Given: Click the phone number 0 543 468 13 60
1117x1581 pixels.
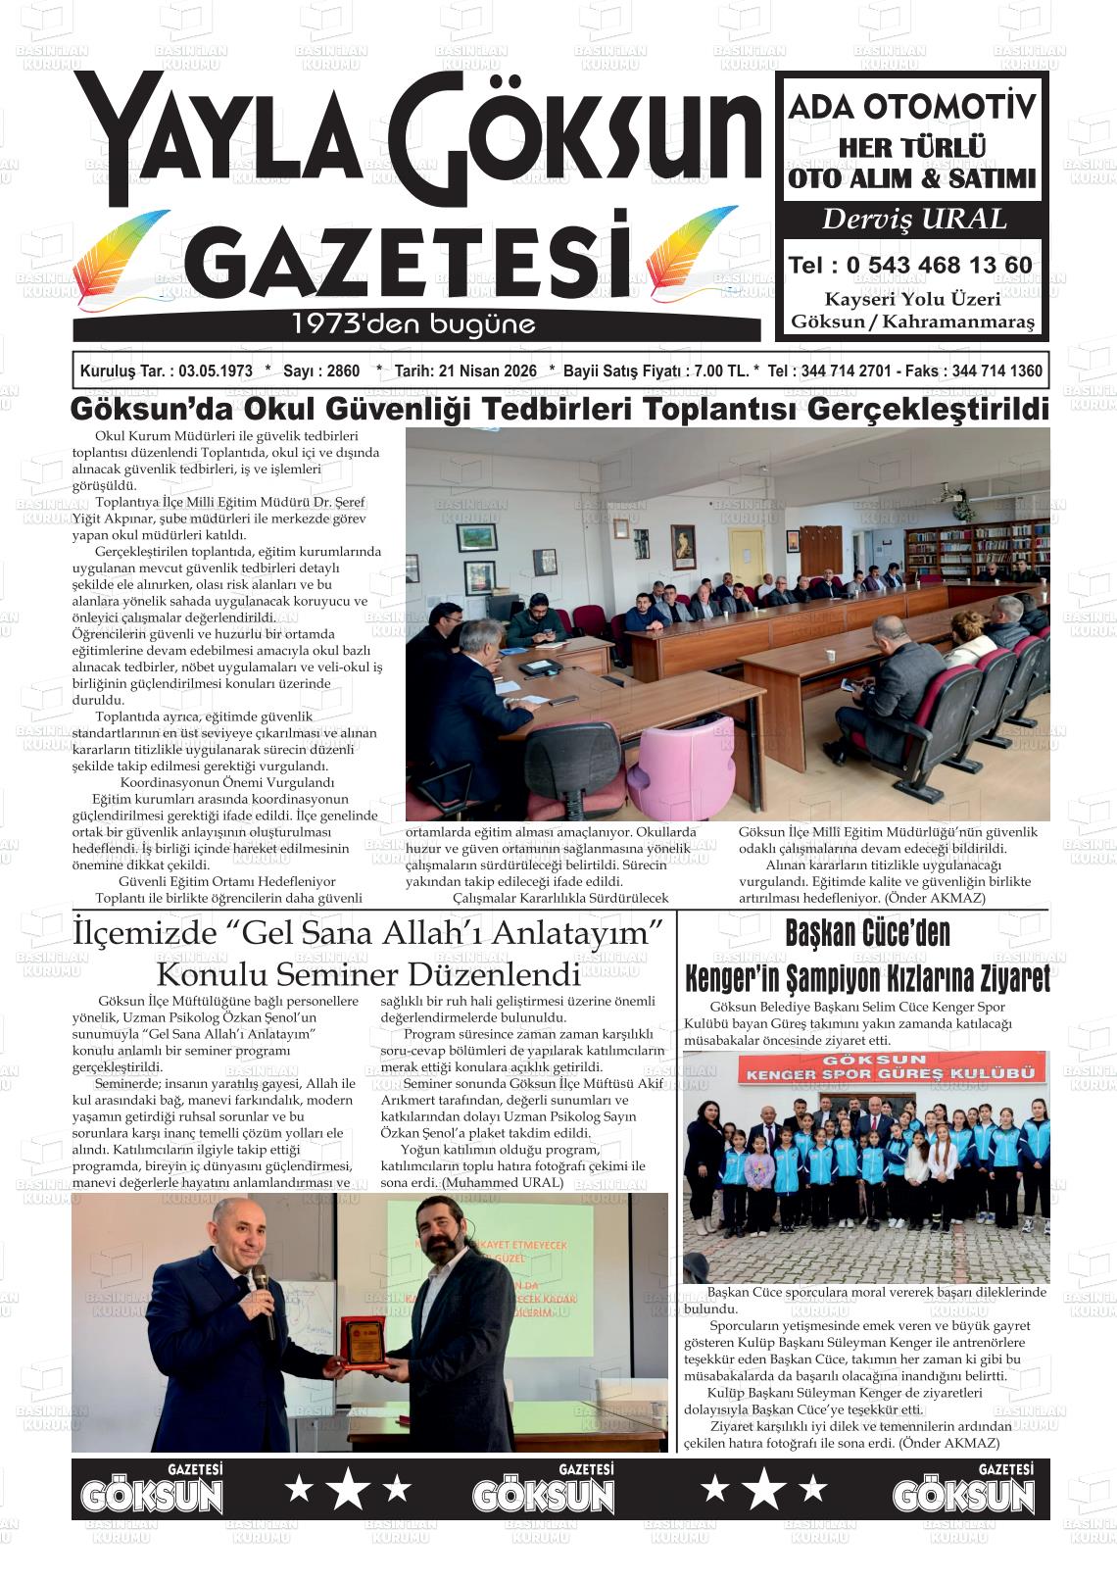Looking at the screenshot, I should [x=938, y=266].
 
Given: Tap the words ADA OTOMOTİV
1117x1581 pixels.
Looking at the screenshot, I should [x=912, y=106].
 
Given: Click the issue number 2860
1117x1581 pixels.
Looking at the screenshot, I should [x=342, y=371].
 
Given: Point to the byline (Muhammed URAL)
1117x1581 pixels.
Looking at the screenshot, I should [x=503, y=1182].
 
